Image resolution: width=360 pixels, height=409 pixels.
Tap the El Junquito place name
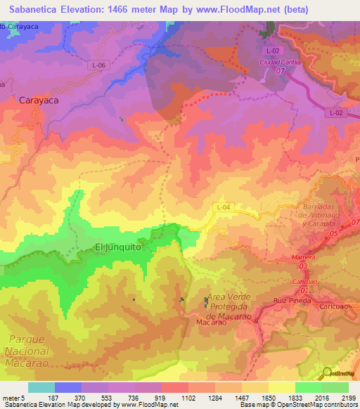pos(118,247)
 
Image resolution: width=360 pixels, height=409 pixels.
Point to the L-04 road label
pos(223,207)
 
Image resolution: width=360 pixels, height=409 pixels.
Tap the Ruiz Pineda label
pos(290,300)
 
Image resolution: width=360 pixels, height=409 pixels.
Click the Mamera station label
pos(302,258)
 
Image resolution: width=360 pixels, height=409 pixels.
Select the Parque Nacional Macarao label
pos(25,351)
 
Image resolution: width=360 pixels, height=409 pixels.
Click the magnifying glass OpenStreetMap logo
pos(326,373)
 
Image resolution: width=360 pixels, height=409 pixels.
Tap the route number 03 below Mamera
pos(303,266)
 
